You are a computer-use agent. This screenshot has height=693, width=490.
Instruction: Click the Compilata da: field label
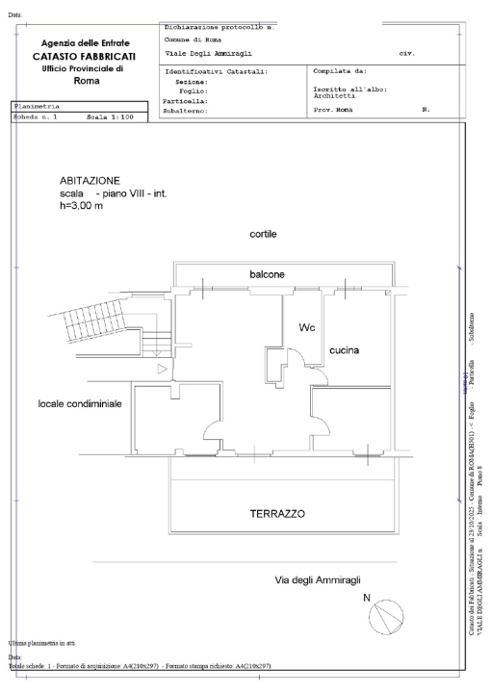340,71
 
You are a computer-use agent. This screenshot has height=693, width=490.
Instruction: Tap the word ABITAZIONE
90,180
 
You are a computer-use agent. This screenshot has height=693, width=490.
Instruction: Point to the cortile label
265,234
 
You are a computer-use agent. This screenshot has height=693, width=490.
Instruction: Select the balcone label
267,274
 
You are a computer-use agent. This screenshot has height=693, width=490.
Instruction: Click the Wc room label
307,327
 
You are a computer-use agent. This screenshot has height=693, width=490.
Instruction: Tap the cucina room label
345,350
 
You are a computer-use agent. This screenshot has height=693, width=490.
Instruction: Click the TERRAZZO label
277,514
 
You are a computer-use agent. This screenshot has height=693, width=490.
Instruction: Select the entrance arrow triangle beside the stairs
163,369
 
